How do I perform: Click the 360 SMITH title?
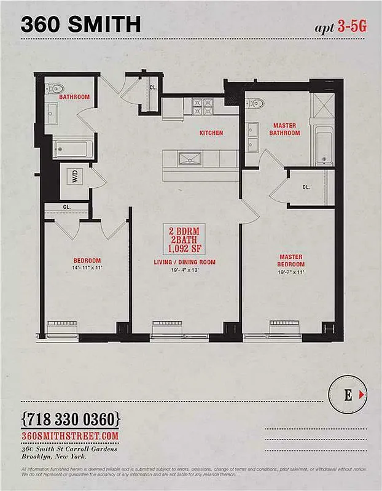(81, 24)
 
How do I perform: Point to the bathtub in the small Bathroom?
(73, 149)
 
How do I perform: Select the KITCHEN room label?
(211, 133)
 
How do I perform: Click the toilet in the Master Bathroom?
(257, 103)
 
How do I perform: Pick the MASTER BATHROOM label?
(286, 129)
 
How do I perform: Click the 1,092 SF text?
(185, 249)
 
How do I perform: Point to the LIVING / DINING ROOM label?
(185, 262)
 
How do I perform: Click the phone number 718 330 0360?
(71, 420)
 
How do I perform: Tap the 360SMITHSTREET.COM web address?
(69, 435)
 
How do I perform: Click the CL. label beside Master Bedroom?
(306, 187)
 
